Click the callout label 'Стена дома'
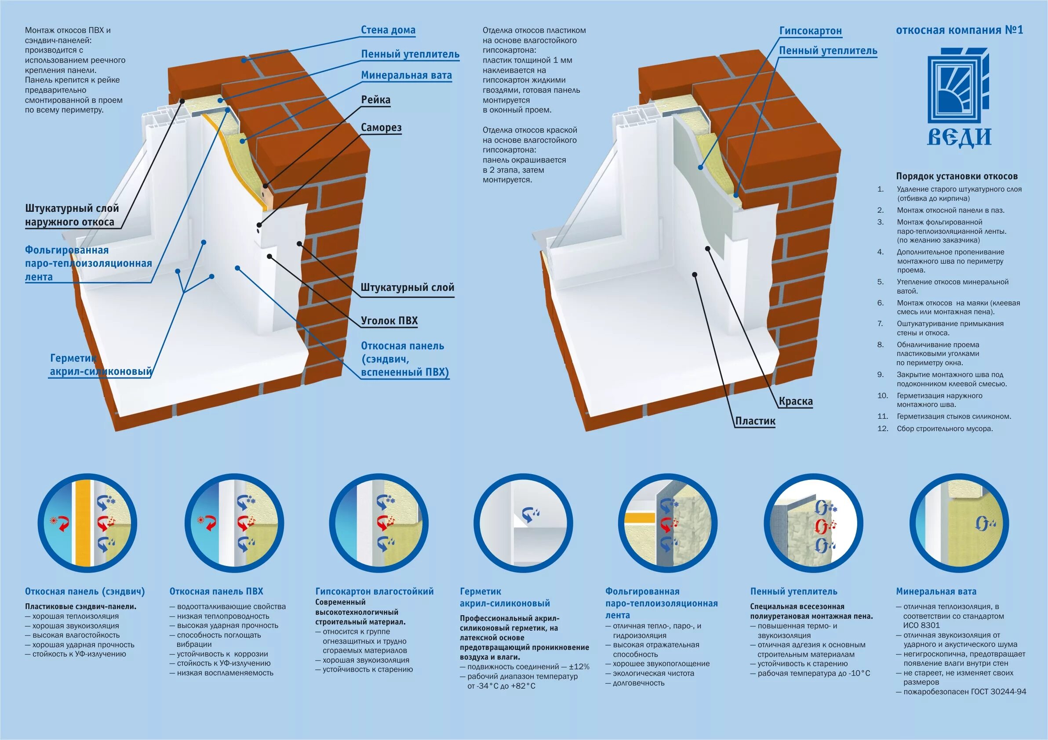(388, 30)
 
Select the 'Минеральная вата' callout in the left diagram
(406, 75)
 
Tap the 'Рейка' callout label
(375, 100)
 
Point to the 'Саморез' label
(381, 127)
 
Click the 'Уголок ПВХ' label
(389, 321)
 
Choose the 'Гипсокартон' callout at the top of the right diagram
(810, 31)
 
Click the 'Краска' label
(796, 402)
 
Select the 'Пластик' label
(755, 421)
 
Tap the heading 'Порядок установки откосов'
(957, 177)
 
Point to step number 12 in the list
(883, 428)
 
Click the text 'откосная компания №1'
(960, 30)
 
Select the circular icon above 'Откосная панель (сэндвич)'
(87, 523)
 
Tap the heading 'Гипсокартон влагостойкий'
(374, 591)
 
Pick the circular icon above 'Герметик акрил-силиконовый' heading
(523, 523)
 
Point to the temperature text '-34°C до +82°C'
(501, 686)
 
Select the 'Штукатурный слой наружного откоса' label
(72, 215)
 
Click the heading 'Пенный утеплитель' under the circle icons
(794, 591)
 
